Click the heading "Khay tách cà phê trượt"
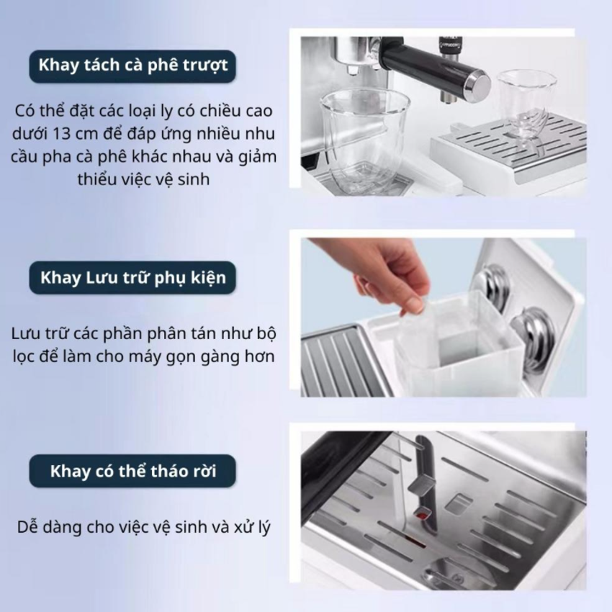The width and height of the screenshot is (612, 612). [x=132, y=66]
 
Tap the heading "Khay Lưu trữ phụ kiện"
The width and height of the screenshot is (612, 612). [x=132, y=278]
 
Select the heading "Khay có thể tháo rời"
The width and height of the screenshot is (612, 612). [x=132, y=471]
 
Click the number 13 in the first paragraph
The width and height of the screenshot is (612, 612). [x=62, y=134]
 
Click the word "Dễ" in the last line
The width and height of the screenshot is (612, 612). [x=27, y=527]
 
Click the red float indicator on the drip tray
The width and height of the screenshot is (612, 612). [x=420, y=516]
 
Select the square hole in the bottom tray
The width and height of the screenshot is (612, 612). [x=457, y=503]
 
